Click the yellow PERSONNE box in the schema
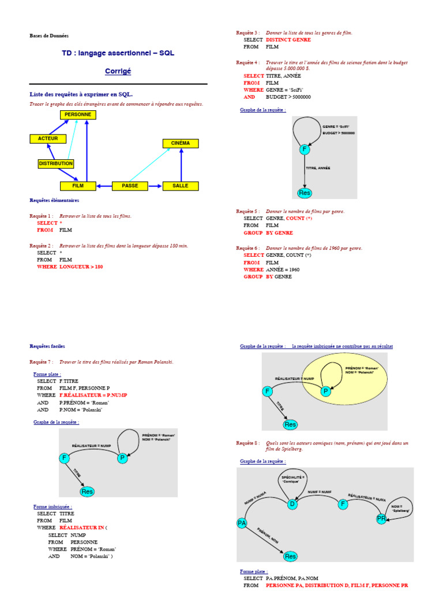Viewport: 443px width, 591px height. pyautogui.click(x=78, y=115)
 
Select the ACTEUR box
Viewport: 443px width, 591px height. pyautogui.click(x=48, y=139)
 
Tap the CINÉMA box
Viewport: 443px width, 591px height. pyautogui.click(x=181, y=143)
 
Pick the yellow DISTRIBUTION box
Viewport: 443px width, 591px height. pyautogui.click(x=56, y=164)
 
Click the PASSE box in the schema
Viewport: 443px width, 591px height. pyautogui.click(x=130, y=186)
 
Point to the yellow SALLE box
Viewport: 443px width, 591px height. pyautogui.click(x=181, y=186)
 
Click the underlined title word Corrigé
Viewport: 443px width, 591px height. pyautogui.click(x=118, y=71)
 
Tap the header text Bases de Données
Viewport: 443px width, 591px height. pyautogui.click(x=49, y=36)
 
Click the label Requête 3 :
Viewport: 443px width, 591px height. pyautogui.click(x=248, y=33)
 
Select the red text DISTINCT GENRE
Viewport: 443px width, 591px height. pyautogui.click(x=288, y=40)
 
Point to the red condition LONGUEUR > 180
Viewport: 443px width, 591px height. pyautogui.click(x=81, y=267)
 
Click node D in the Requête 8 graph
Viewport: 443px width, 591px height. pyautogui.click(x=292, y=504)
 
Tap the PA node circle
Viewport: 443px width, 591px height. pyautogui.click(x=242, y=523)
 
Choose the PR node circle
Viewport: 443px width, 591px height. pyautogui.click(x=381, y=518)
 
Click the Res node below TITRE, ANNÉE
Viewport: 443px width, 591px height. pyautogui.click(x=304, y=192)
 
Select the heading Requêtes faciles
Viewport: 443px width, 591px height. pyautogui.click(x=47, y=346)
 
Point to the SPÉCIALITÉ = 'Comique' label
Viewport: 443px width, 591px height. pyautogui.click(x=292, y=480)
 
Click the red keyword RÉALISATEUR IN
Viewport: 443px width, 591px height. pyautogui.click(x=82, y=528)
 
